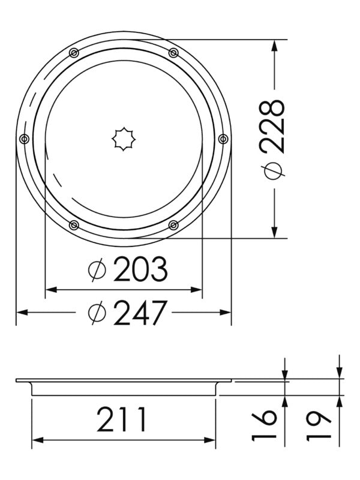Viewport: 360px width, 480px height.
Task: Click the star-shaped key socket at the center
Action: (123, 139)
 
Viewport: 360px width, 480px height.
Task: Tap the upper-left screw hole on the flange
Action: (73, 53)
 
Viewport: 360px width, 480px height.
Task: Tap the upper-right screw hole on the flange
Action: (173, 53)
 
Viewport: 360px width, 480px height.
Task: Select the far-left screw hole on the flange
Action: (24, 139)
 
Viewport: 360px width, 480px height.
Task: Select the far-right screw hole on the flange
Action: (223, 139)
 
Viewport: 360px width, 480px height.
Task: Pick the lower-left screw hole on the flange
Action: (73, 225)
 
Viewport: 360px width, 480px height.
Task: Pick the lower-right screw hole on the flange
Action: (173, 225)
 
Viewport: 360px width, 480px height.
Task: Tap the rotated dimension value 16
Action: (265, 425)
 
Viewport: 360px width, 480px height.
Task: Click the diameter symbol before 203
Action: (97, 272)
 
